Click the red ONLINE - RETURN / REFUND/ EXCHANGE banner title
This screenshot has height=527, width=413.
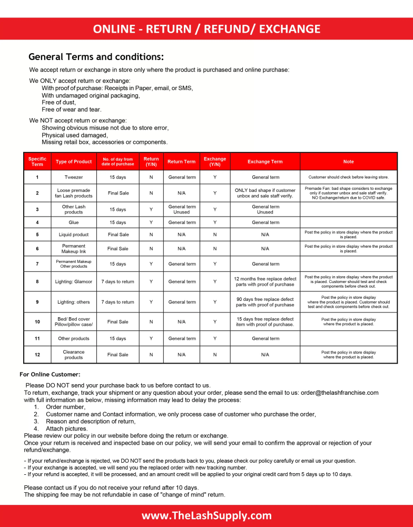tap(206, 29)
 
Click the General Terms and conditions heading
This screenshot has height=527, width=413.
tap(96, 56)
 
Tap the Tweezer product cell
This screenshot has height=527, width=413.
tap(73, 177)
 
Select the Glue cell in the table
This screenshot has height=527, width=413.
tap(73, 222)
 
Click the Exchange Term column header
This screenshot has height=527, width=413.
tap(265, 162)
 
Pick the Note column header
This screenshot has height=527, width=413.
tap(348, 162)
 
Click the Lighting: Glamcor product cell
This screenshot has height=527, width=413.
tap(73, 281)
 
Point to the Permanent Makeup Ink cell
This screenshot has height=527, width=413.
tap(73, 248)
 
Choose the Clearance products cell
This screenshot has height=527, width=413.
tap(73, 355)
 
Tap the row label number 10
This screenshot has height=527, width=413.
tap(37, 321)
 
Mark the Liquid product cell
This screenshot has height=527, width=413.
tap(73, 235)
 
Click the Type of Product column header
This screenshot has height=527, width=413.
tap(73, 162)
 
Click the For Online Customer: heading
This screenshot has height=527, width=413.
tap(50, 374)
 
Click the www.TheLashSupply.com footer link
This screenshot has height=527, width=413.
tap(206, 516)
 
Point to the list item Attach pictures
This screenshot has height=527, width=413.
tap(67, 428)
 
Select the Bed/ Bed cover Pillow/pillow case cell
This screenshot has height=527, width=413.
tap(73, 321)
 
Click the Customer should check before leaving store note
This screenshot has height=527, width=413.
tap(348, 177)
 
